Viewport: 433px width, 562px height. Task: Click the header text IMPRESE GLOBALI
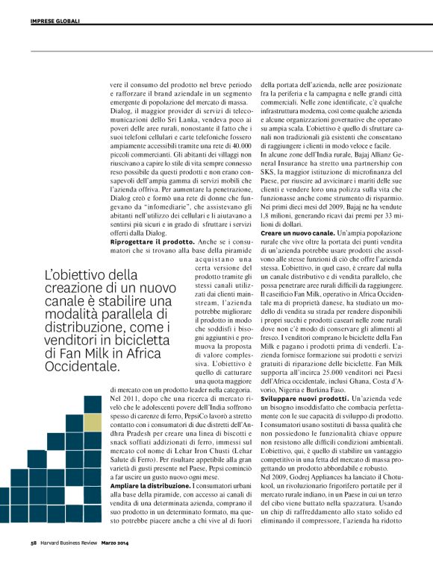[56, 22]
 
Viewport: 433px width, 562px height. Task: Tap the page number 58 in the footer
[34, 543]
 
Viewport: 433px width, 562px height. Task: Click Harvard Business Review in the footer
[72, 543]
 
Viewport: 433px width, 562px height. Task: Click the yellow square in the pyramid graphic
[90, 423]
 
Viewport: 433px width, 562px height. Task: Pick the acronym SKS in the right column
[269, 171]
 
